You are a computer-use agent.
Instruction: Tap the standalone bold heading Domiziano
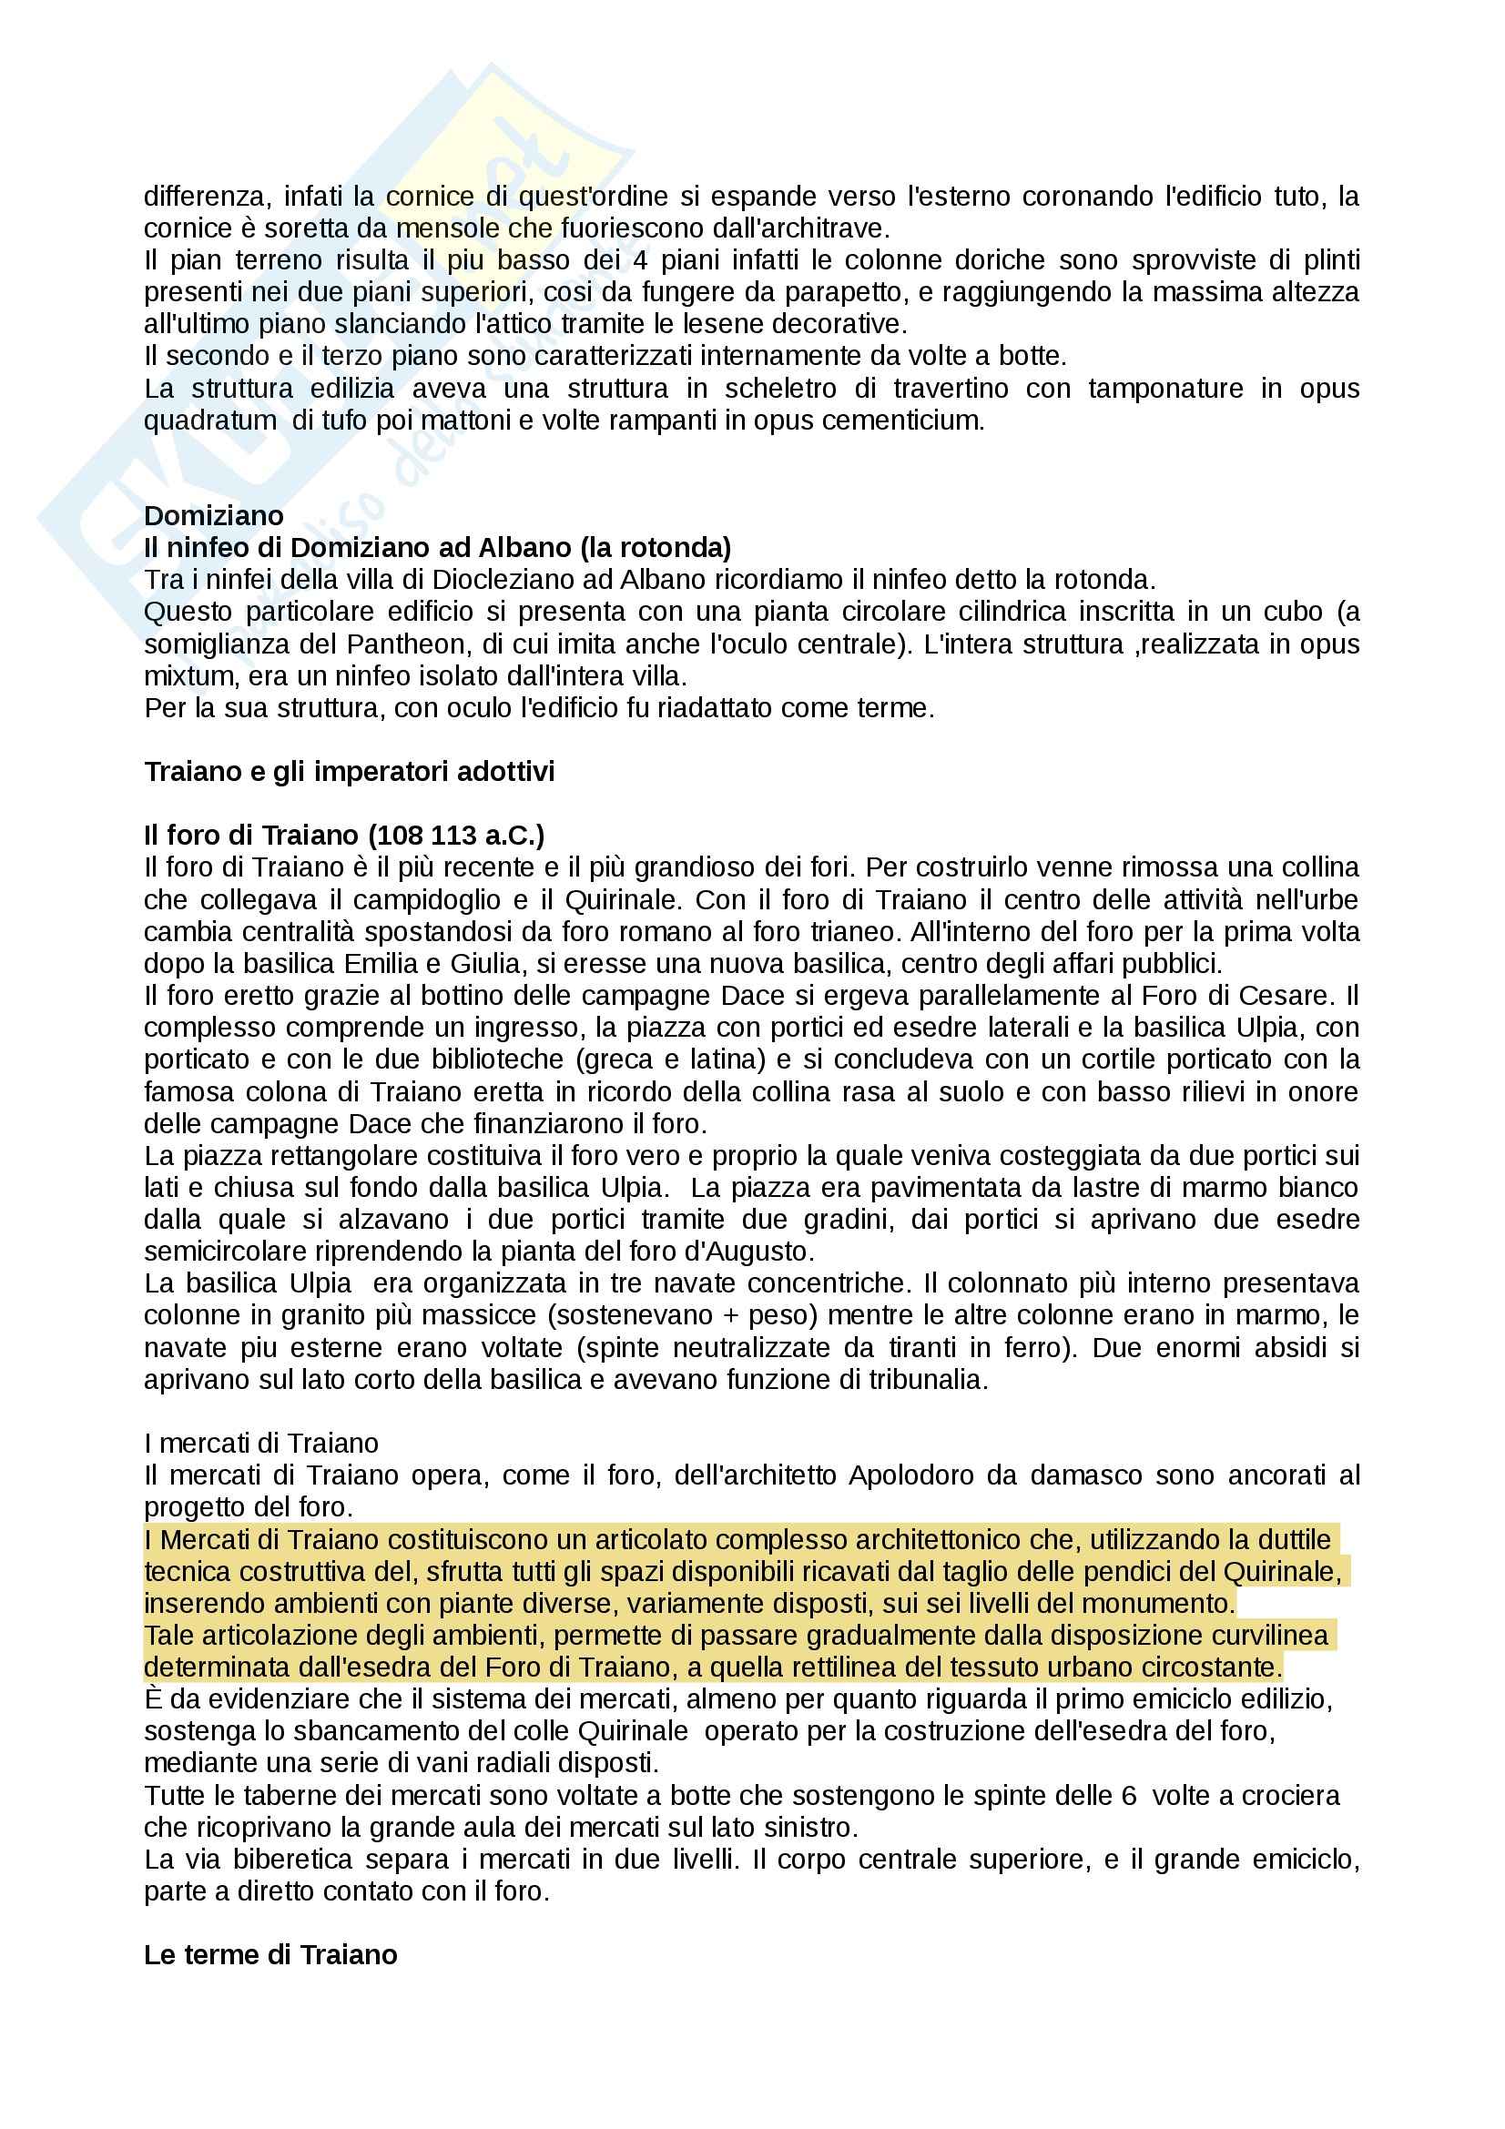pos(213,515)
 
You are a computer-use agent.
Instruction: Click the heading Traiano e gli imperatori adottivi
pos(349,772)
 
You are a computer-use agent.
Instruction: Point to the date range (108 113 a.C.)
pos(456,836)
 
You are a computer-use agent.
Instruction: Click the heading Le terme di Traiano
pos(269,1954)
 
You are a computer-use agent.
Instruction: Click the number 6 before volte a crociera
pos(1127,1796)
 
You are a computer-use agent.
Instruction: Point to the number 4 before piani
pos(640,260)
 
